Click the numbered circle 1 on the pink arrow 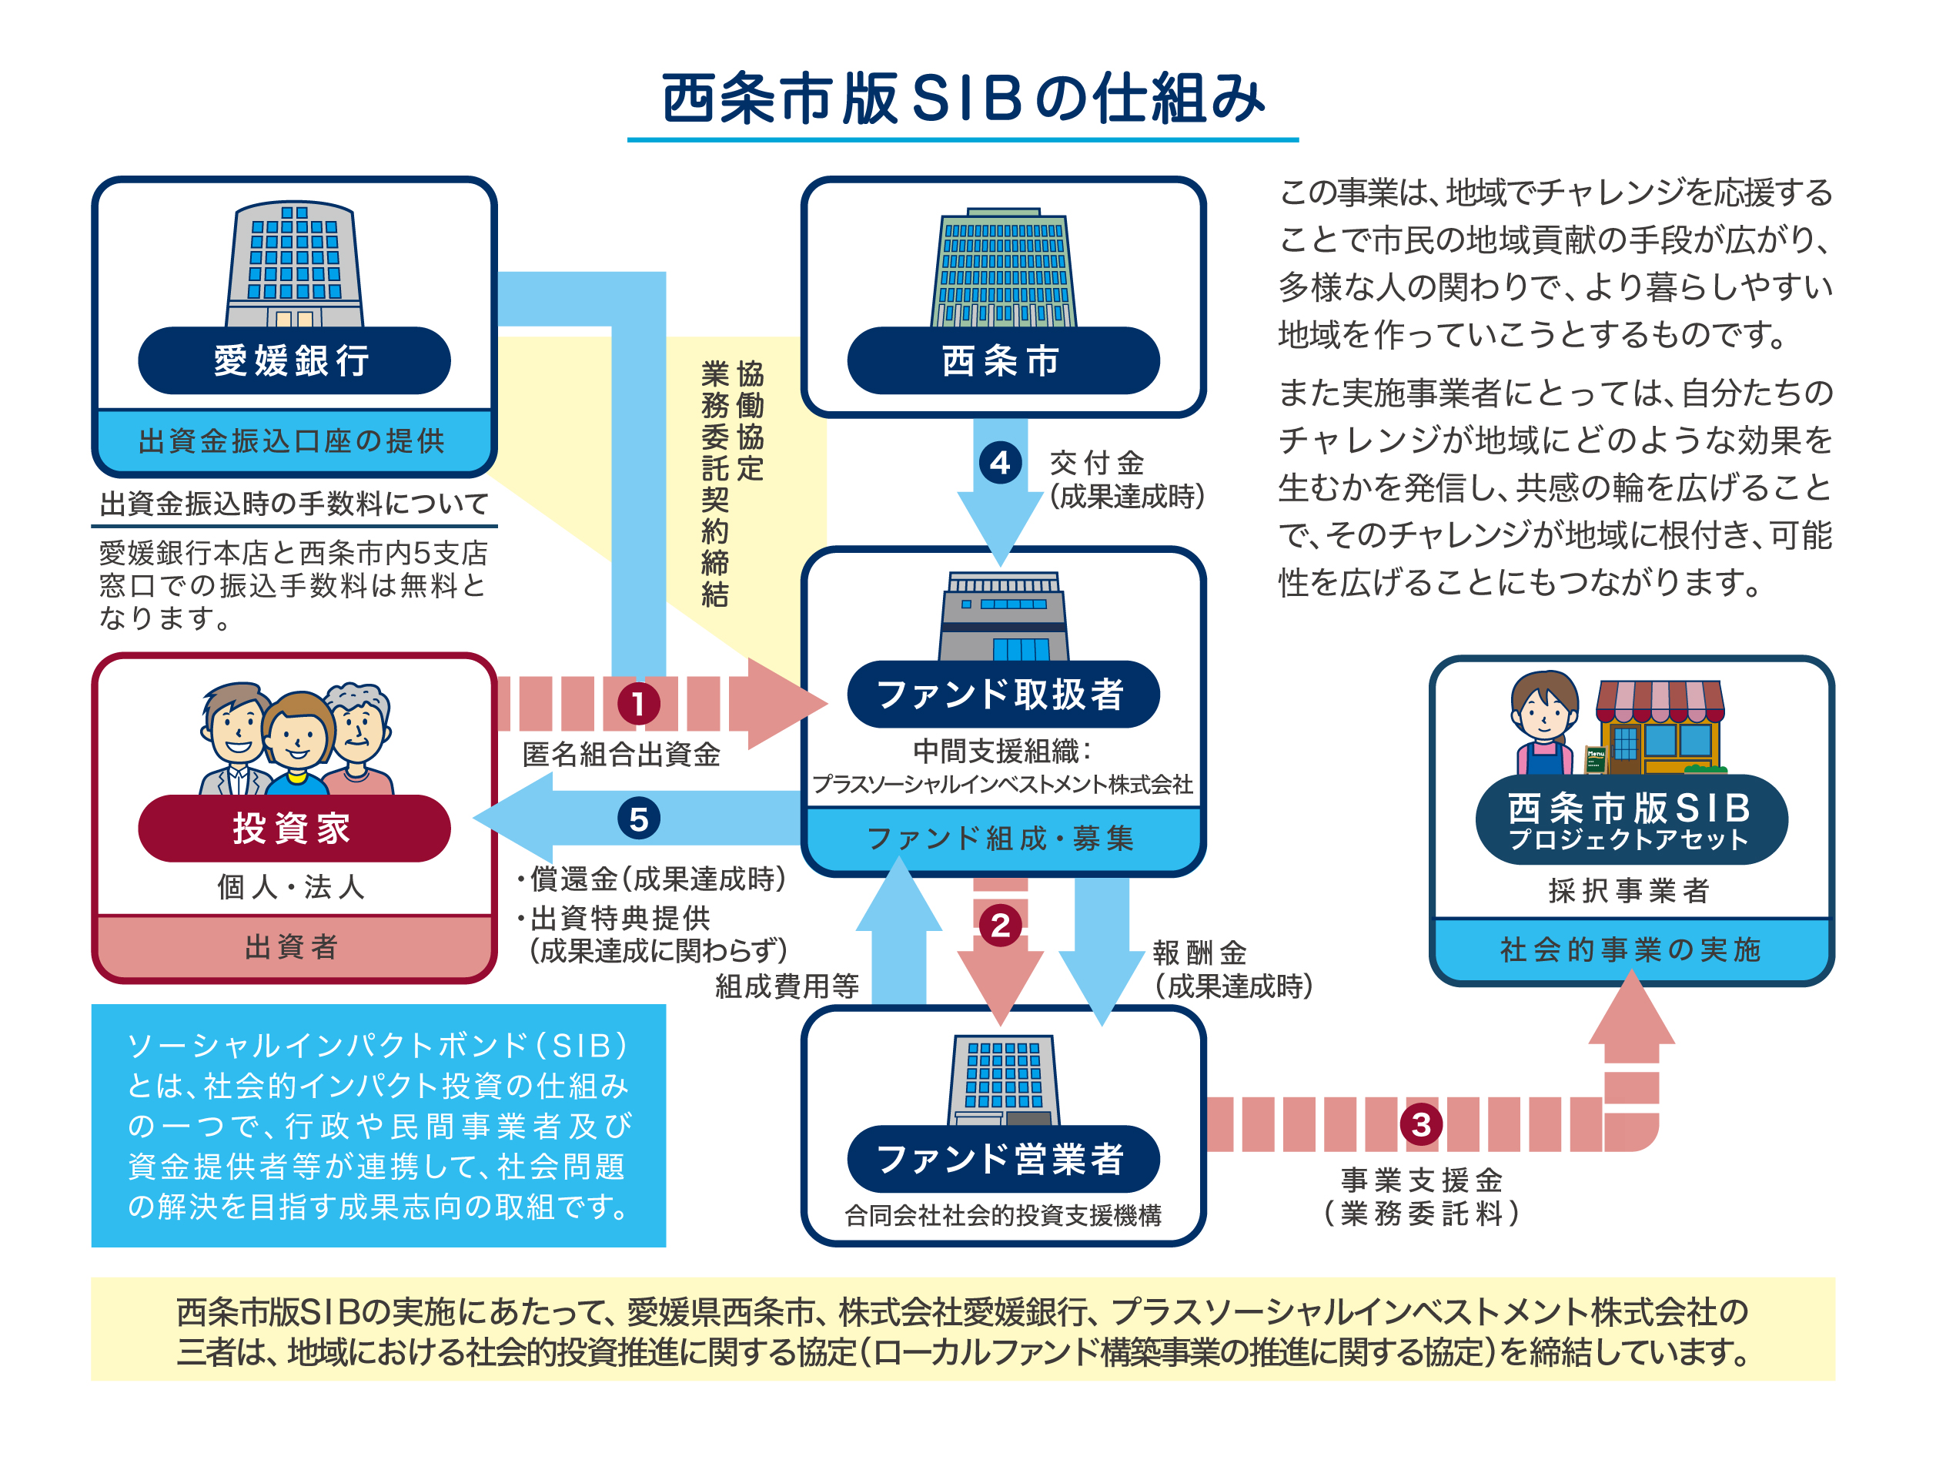tap(639, 703)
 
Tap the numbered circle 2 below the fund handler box tap(1001, 925)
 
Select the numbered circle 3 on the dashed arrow tap(1421, 1124)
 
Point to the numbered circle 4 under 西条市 tap(1001, 462)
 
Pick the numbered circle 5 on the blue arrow tap(639, 819)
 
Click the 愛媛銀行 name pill tap(294, 360)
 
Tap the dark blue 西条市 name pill tap(1003, 360)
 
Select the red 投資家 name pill tap(294, 828)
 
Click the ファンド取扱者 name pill tap(1003, 694)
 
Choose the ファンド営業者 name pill tap(1003, 1159)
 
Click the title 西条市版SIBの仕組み tap(964, 98)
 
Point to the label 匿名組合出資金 tap(621, 754)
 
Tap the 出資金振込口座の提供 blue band tap(294, 441)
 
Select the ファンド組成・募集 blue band tap(1003, 839)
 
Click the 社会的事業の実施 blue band tap(1631, 949)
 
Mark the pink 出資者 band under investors tap(294, 946)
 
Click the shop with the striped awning tap(1659, 726)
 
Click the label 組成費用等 tap(787, 986)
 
